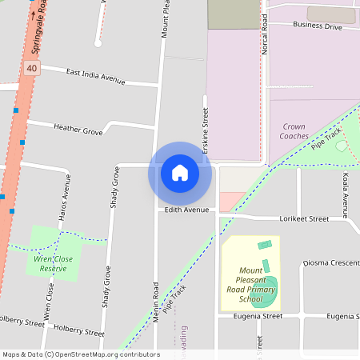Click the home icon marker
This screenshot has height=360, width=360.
(180, 173)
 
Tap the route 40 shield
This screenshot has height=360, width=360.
(31, 69)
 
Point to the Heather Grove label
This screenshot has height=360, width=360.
(78, 128)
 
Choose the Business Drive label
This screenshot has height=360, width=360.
(317, 26)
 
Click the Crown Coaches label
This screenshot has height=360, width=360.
(294, 131)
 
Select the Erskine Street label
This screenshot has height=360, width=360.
(206, 132)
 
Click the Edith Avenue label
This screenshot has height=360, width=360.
(186, 210)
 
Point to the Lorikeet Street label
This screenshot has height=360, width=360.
(304, 218)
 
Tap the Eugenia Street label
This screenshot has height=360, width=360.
(258, 316)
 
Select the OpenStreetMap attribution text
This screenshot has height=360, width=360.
(80, 354)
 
